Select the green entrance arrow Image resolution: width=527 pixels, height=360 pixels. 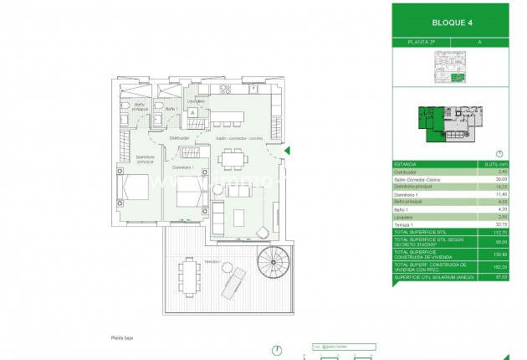click(286, 151)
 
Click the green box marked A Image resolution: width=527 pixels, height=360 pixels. click(192, 111)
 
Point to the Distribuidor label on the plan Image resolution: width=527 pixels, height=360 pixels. click(179, 138)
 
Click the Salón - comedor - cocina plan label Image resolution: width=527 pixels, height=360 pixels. click(239, 138)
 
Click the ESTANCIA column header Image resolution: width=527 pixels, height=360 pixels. click(406, 165)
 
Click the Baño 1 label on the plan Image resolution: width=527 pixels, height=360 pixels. click(171, 110)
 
